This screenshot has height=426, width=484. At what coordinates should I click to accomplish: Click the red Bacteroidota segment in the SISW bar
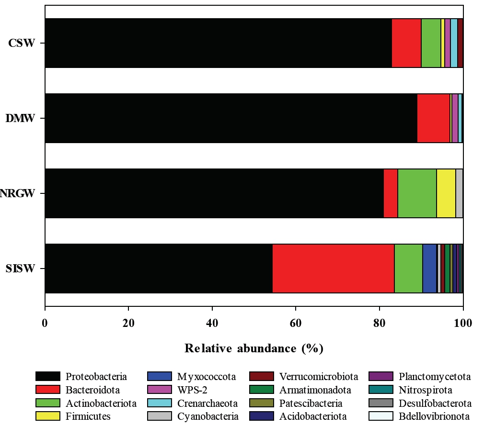pos(333,268)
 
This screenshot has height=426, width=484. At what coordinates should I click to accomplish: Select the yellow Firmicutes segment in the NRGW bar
pos(446,193)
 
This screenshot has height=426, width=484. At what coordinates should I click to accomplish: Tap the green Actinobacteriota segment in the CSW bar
pos(431,43)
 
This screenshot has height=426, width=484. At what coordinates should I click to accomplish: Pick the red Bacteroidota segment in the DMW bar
pos(433,118)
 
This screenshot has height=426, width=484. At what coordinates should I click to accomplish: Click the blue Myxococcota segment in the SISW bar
pos(429,268)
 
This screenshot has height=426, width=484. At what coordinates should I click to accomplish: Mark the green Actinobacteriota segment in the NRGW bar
pos(417,193)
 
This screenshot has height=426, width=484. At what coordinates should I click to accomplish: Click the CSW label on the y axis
pos(22,43)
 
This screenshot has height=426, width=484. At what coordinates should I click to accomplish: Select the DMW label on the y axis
pos(21,118)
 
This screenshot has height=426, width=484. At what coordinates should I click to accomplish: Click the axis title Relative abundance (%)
pos(254,348)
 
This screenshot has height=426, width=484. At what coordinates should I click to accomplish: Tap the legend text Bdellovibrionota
pos(435,416)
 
